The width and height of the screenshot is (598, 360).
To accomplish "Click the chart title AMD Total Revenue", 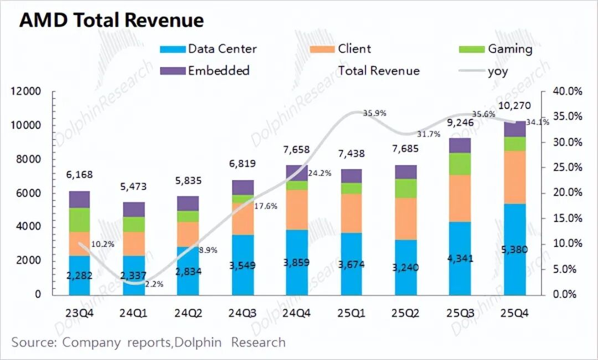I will [x=111, y=20].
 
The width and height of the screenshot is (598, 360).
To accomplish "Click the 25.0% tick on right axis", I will [x=567, y=167].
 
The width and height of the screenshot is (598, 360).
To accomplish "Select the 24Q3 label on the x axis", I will [x=243, y=313].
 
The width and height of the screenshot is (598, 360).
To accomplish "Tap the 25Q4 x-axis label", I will [x=515, y=313].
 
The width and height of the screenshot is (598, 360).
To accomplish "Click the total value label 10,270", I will [x=515, y=106].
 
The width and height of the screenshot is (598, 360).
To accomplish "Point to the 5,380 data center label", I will [x=515, y=250].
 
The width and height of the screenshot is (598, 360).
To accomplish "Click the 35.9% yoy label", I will [x=374, y=114].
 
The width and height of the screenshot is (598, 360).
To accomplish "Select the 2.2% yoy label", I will [x=154, y=284].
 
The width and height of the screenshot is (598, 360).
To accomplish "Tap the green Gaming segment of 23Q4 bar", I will [x=79, y=220].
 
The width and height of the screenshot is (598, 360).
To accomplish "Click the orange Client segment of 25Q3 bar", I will [x=460, y=198].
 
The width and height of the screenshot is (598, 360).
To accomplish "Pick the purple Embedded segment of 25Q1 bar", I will [x=351, y=176].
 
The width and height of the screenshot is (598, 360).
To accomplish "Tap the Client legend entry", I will [x=354, y=49].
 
